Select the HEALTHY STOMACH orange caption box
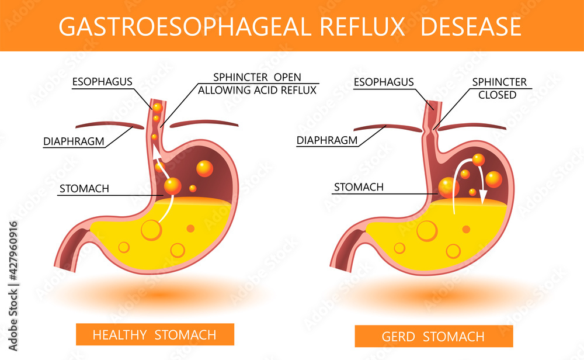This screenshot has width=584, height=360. pos(155,335)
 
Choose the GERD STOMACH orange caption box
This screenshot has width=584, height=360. pos(433,336)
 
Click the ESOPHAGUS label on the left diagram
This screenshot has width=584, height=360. pos(102,82)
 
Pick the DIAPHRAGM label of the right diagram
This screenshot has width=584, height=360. pos(326,140)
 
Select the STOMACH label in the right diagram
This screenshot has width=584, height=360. pos(358,188)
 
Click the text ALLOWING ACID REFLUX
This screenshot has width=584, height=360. pos(257,90)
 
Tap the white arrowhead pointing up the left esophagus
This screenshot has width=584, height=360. pos(157,153)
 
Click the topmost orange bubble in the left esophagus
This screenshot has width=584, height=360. pos(157,108)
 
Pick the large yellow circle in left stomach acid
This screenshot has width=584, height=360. pos(151,230)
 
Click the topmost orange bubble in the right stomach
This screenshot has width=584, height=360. pos(478,159)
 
